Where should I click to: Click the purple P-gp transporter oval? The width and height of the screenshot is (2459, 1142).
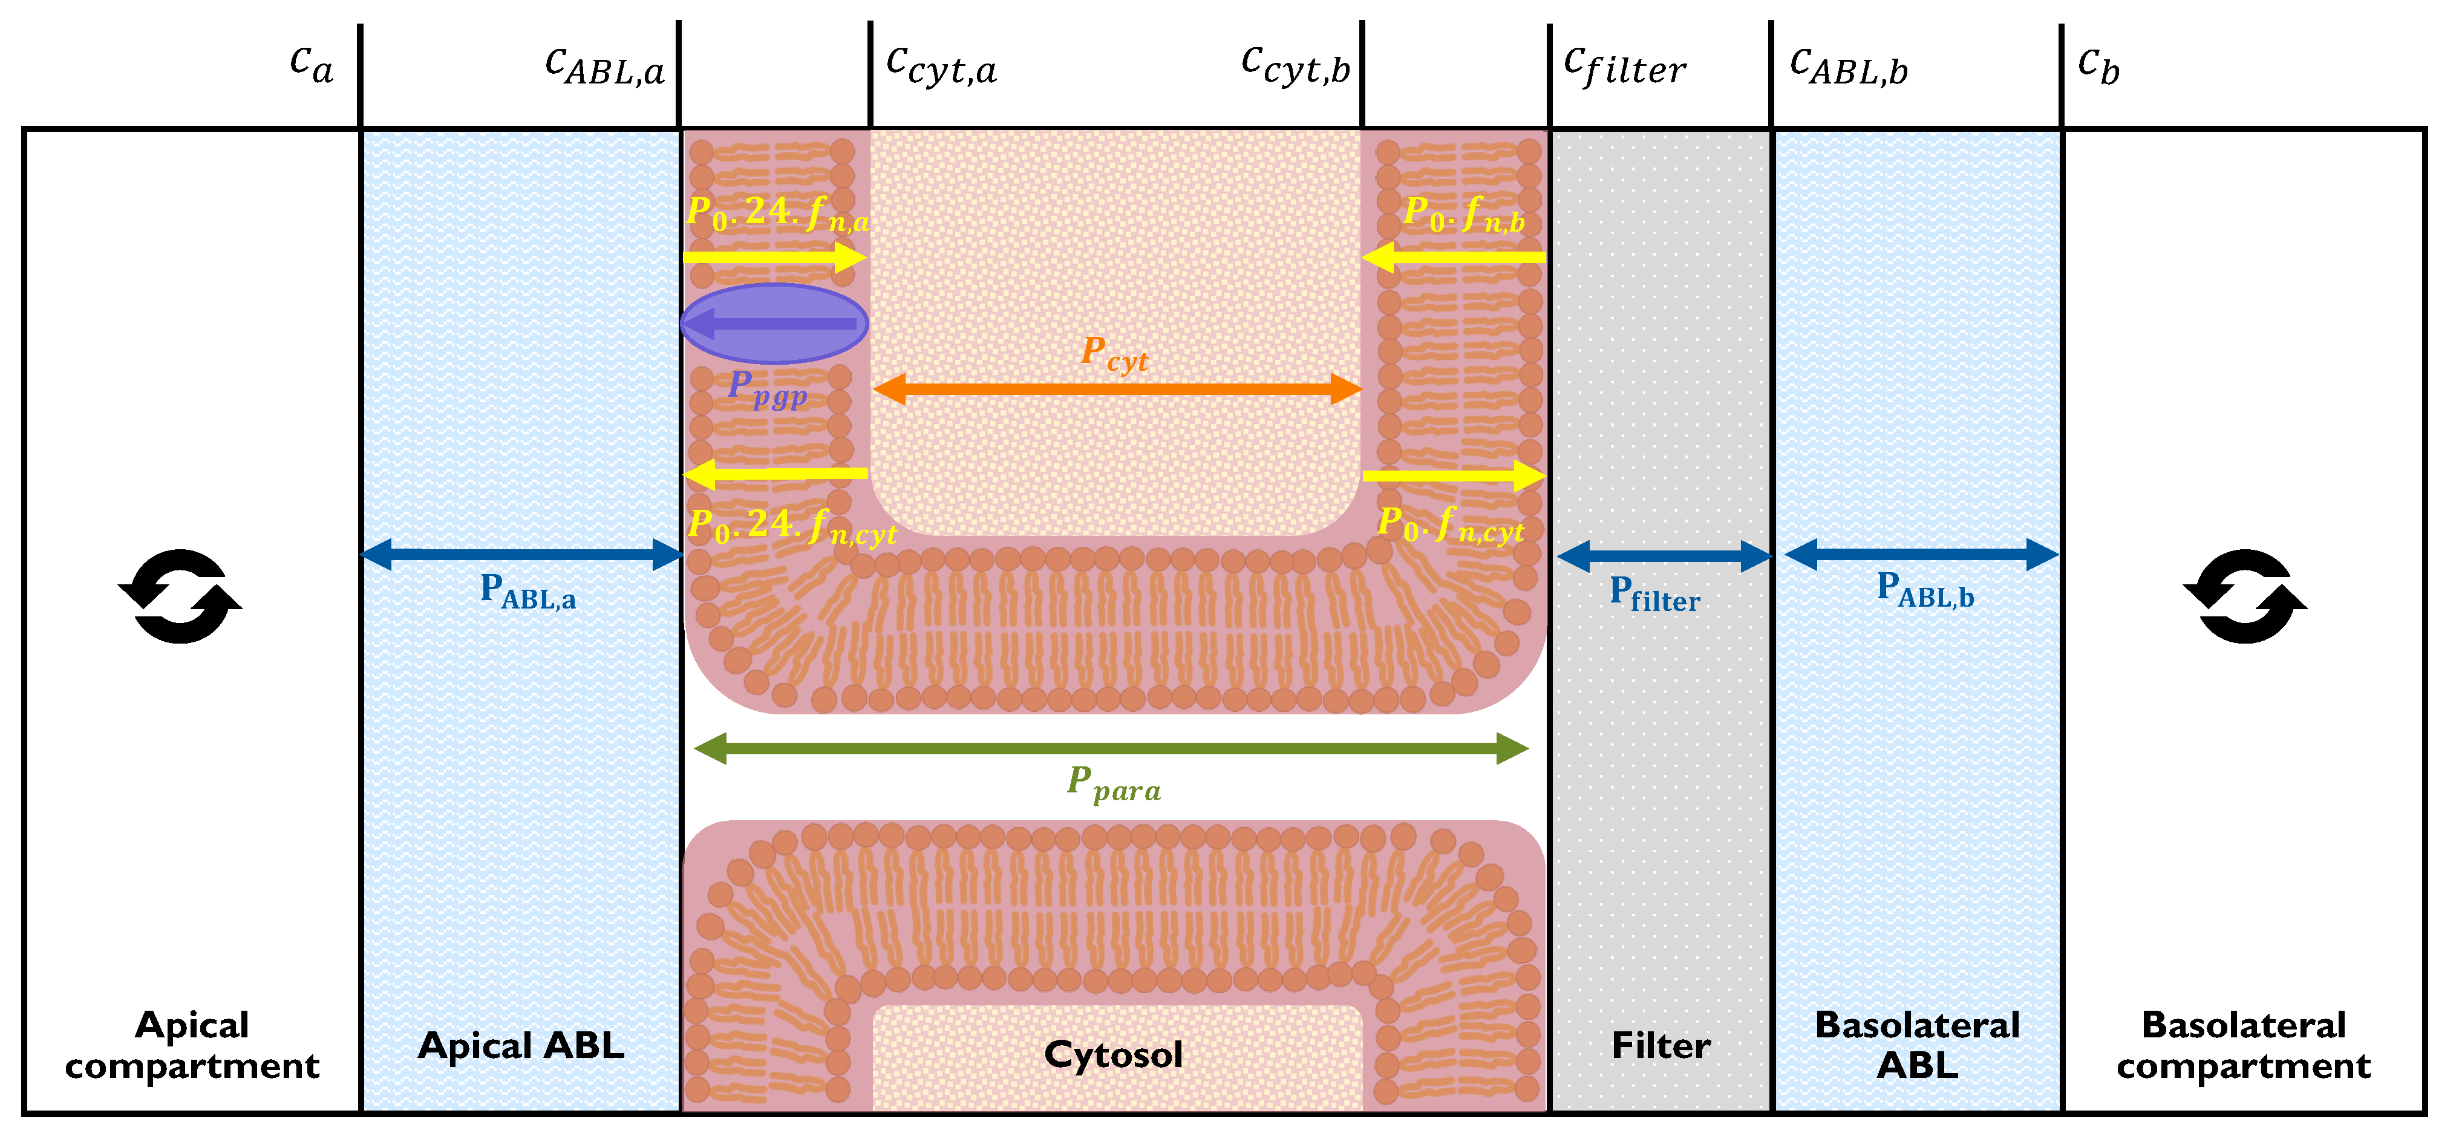point(774,324)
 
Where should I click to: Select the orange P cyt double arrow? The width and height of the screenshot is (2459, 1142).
point(1117,388)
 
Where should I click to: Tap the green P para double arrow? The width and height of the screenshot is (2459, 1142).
point(1111,749)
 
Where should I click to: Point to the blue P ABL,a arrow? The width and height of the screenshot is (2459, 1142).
point(522,554)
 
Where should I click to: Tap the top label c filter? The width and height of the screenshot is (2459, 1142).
point(1625,67)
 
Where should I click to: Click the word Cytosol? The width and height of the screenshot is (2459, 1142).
point(1113,1054)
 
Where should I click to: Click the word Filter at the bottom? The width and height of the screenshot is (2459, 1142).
point(1661,1046)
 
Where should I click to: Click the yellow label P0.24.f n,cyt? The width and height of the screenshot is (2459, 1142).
point(792,526)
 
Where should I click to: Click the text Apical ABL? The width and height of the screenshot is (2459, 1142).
point(521,1046)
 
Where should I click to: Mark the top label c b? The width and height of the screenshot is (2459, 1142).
point(2098,67)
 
